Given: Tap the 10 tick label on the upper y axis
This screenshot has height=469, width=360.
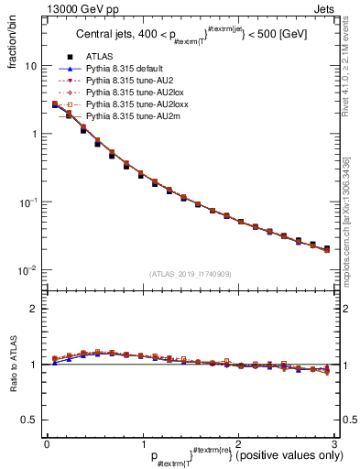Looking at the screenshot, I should pyautogui.click(x=30, y=66).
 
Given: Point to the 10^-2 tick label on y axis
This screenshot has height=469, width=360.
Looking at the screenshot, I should pyautogui.click(x=28, y=269).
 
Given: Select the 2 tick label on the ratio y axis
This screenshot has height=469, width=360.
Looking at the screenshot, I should pyautogui.click(x=33, y=309).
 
